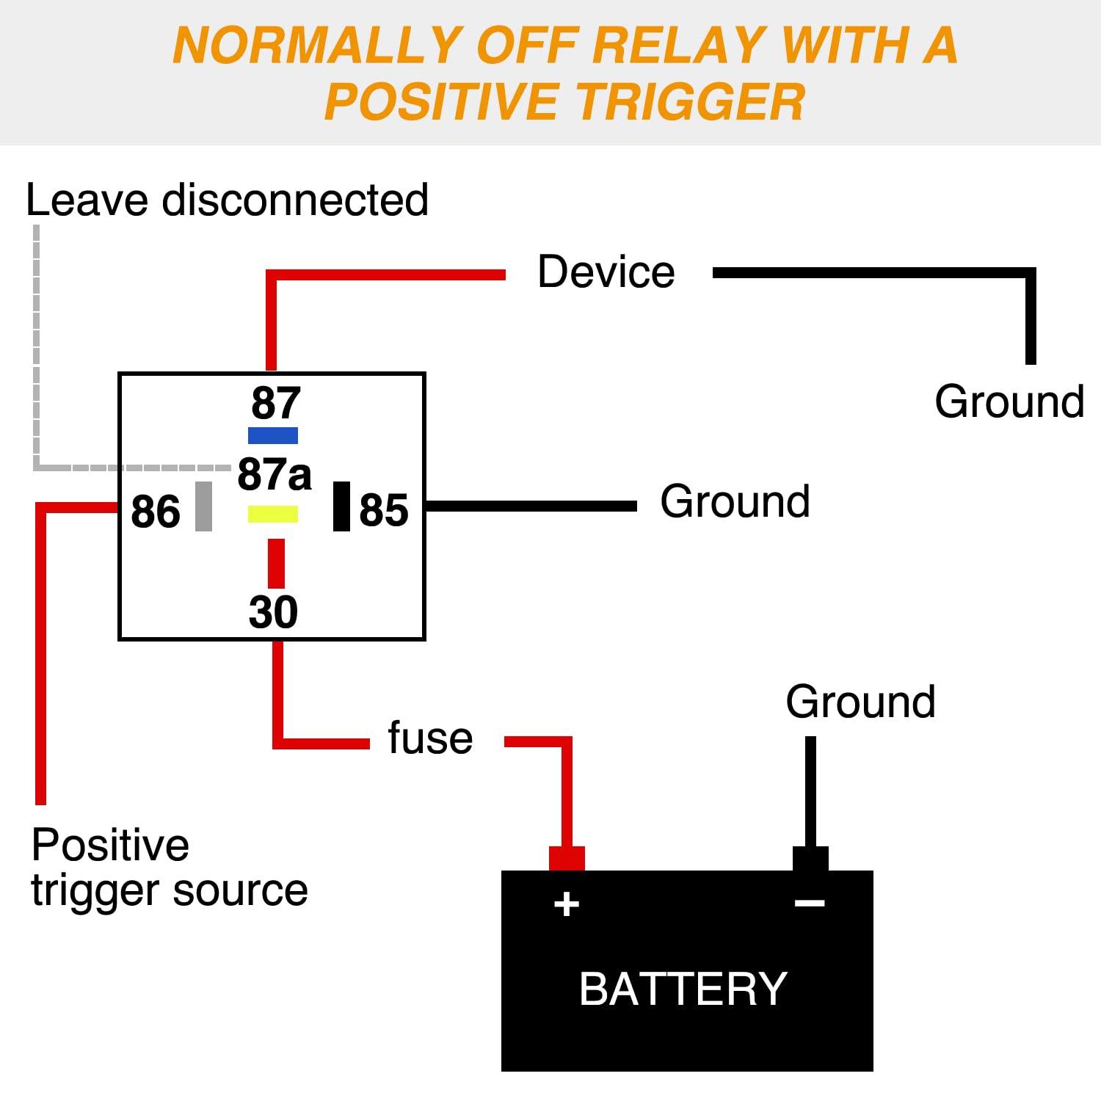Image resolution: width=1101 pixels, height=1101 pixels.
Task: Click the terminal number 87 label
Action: click(x=276, y=403)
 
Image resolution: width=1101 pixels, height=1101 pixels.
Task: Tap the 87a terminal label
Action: click(x=275, y=474)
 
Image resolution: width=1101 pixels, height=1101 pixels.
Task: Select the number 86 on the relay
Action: click(x=156, y=512)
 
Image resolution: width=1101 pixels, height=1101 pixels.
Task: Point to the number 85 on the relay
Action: click(x=384, y=510)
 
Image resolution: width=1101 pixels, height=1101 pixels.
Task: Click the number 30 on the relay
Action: click(x=273, y=611)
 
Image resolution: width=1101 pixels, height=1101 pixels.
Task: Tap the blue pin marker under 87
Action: click(x=273, y=435)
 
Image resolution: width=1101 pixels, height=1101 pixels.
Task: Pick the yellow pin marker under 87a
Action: click(x=273, y=514)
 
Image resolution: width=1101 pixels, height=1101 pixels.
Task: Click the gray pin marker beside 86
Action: click(x=203, y=506)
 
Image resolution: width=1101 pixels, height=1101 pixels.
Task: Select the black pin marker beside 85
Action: click(x=341, y=506)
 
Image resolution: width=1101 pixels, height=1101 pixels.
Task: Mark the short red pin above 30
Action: click(x=276, y=564)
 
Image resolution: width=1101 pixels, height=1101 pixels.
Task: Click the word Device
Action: click(x=606, y=272)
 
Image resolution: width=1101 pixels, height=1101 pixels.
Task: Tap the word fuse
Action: click(x=430, y=737)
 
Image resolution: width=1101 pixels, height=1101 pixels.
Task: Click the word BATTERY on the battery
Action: click(x=683, y=988)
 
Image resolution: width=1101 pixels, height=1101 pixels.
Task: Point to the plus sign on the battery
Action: click(x=567, y=904)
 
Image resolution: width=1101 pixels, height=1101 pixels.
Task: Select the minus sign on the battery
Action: click(x=810, y=903)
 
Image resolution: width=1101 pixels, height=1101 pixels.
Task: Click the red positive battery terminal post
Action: click(x=567, y=859)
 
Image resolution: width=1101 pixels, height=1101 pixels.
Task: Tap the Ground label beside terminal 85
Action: click(x=735, y=501)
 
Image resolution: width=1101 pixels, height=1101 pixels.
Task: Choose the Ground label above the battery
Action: click(x=861, y=702)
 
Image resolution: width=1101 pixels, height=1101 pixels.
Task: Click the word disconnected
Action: click(x=295, y=200)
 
